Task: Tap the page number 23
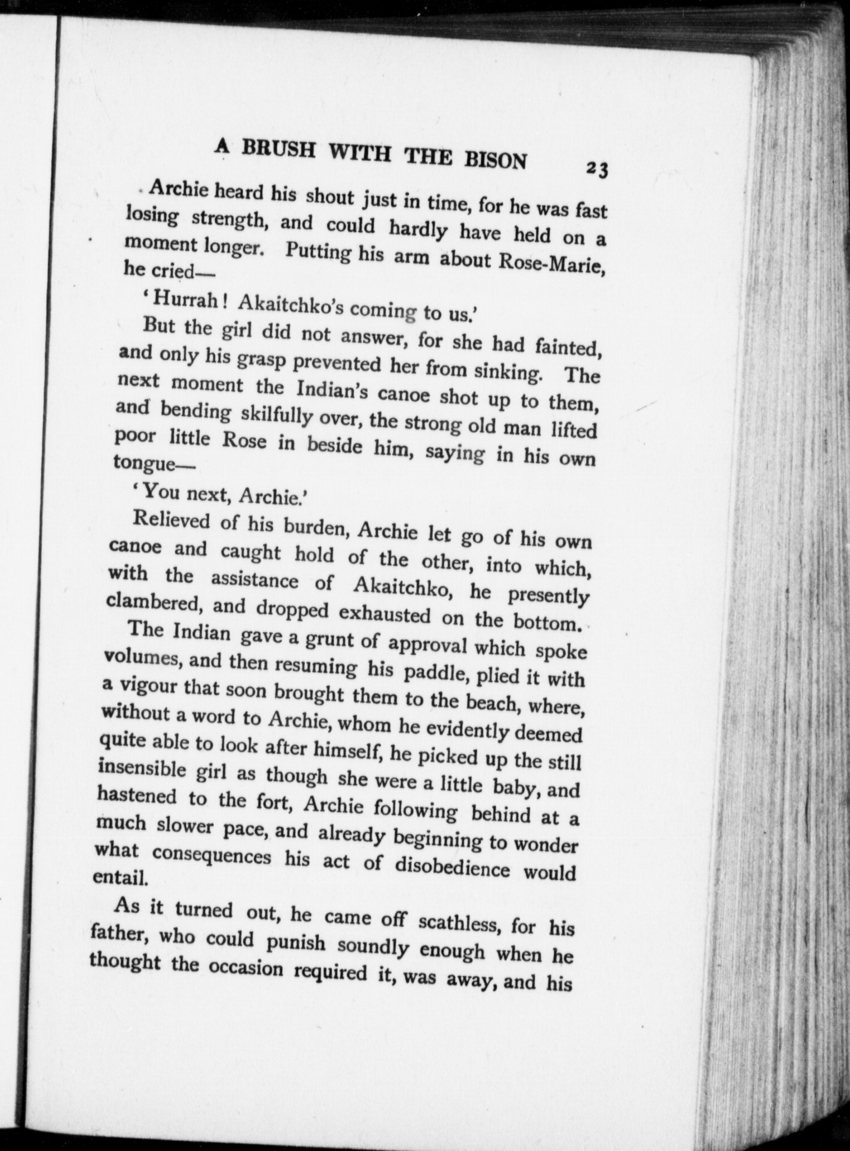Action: pos(597,169)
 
